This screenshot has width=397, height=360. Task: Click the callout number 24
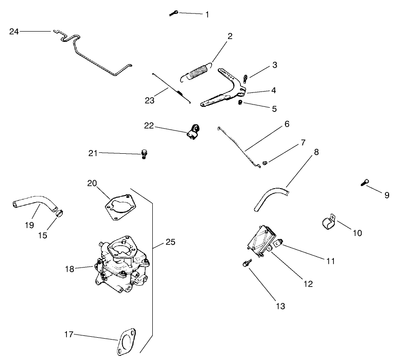tap(14, 32)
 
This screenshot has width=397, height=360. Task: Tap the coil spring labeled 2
tap(198, 73)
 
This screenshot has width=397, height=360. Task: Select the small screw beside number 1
tap(174, 13)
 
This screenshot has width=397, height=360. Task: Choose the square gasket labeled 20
tap(120, 206)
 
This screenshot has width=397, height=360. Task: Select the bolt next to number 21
tap(144, 154)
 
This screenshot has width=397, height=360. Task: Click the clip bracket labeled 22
tap(193, 131)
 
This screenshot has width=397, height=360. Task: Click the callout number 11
tap(330, 261)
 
